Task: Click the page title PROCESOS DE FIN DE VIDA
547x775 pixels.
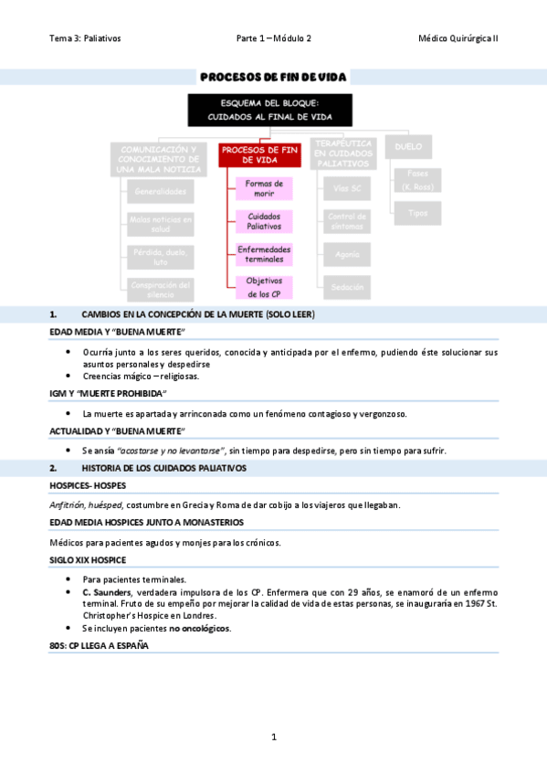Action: coord(273,77)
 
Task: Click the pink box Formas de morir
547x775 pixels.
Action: coord(264,189)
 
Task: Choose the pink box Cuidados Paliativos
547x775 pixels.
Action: coord(264,221)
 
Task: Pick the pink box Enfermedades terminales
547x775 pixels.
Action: coord(264,254)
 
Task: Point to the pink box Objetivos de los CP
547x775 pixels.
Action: coord(264,287)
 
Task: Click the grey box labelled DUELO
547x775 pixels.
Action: coord(407,146)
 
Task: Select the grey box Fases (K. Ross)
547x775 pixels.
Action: coord(417,180)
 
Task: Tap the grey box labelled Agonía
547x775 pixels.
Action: coord(347,255)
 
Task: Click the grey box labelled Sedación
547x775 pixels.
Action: coord(347,287)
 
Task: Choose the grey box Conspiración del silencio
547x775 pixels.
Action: coord(161,289)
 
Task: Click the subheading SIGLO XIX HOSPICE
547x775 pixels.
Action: coord(88,559)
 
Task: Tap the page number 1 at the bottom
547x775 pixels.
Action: coord(273,737)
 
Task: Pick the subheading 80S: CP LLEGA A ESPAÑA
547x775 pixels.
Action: coord(99,645)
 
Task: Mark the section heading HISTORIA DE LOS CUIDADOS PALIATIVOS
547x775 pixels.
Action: coord(163,468)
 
